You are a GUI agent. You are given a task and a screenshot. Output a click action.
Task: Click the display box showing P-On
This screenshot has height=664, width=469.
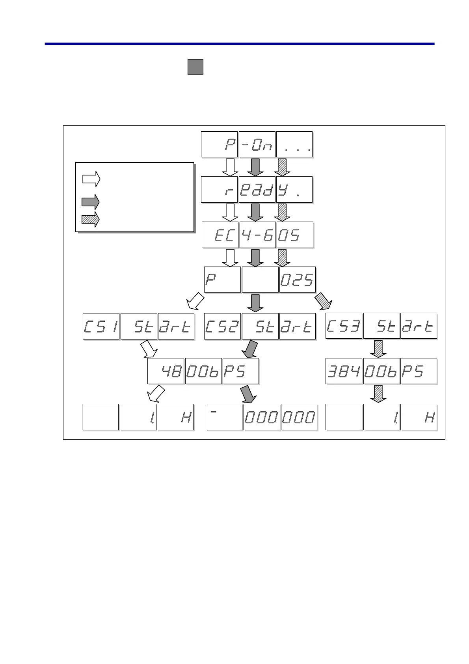tap(257, 145)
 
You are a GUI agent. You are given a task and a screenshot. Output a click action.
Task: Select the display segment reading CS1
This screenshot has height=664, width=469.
tap(101, 326)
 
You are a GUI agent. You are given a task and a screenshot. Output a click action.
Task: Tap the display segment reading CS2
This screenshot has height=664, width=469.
tap(222, 326)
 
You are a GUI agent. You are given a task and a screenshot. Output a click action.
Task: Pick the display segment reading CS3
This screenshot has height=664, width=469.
tap(344, 326)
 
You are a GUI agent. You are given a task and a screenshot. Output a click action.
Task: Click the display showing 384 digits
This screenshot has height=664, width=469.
tap(344, 371)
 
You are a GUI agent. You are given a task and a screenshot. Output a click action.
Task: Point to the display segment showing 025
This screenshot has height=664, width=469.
tap(298, 280)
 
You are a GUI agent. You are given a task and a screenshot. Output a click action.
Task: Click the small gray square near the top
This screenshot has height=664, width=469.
tap(195, 67)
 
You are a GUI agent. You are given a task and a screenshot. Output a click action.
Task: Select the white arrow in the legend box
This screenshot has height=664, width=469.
tap(91, 179)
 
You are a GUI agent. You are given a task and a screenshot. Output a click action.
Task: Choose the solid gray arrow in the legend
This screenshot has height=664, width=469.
tap(91, 202)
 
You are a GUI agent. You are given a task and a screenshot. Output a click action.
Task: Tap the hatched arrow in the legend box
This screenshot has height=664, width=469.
tap(91, 220)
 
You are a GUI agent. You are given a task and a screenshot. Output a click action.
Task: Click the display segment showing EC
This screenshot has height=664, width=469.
tap(220, 235)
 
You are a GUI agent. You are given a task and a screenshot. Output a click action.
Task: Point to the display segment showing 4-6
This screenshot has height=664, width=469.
tap(257, 235)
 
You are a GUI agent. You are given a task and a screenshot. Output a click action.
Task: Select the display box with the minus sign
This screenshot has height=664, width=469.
tap(224, 417)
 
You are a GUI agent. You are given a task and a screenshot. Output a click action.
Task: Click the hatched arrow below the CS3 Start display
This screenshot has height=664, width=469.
tap(378, 349)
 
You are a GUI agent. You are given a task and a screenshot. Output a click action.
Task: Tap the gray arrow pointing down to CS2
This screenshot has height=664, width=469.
tap(256, 303)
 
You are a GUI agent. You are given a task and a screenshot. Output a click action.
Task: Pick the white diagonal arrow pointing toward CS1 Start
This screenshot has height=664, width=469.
tap(195, 302)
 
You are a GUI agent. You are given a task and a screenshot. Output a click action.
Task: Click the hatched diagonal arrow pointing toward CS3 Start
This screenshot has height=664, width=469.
tap(324, 302)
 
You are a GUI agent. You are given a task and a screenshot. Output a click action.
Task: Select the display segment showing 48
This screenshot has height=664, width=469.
tap(166, 371)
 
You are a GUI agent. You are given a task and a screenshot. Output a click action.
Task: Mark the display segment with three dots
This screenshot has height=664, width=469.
tap(294, 145)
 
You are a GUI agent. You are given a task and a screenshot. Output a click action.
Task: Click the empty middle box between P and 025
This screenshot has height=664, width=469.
tap(260, 280)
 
